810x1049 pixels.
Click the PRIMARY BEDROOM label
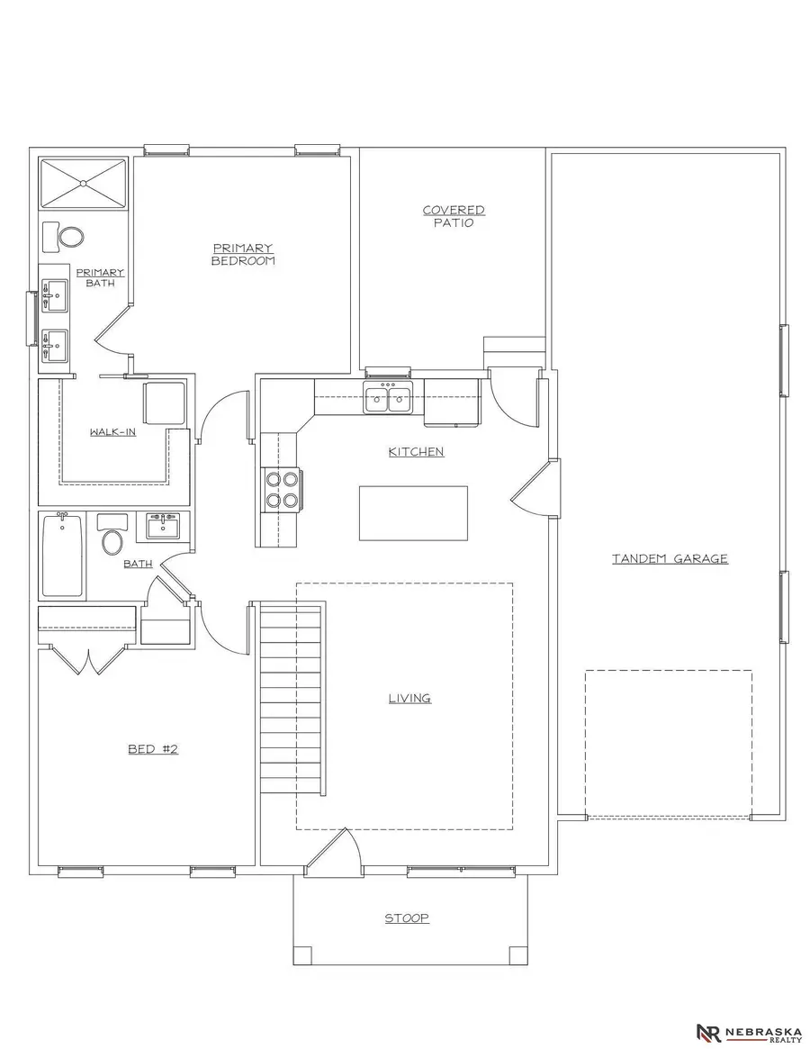(x=242, y=254)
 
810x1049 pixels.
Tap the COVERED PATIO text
(x=454, y=216)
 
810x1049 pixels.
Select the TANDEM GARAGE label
(x=670, y=558)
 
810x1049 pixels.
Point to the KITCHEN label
(x=416, y=451)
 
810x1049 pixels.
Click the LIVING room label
(x=409, y=698)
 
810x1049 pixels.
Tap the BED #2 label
(x=153, y=748)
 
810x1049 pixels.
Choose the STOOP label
(x=407, y=918)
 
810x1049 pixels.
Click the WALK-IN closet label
(x=112, y=432)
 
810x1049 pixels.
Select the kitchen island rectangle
(x=413, y=513)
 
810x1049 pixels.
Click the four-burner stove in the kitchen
(x=280, y=490)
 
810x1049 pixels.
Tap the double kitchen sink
(x=388, y=397)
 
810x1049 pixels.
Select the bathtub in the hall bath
(x=62, y=555)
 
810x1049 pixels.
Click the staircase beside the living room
(x=291, y=698)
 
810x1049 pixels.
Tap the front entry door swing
(x=336, y=851)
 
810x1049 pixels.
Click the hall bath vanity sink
(x=163, y=526)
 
